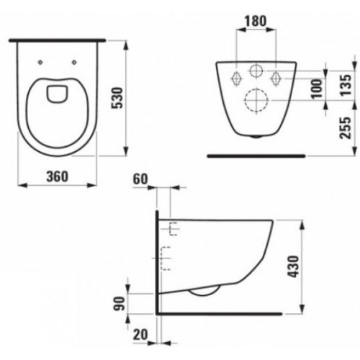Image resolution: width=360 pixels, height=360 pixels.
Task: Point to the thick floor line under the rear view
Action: point(256,155)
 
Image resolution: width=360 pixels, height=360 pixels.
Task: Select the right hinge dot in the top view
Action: point(74,60)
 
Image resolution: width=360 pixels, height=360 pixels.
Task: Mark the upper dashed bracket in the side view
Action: point(172,229)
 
